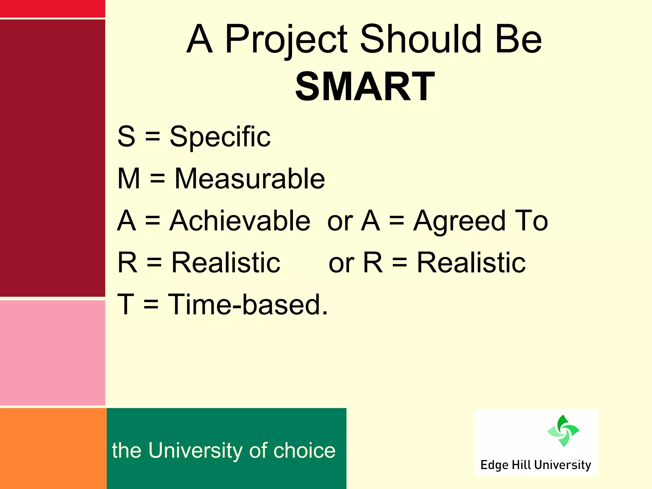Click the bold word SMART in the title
pyautogui.click(x=365, y=87)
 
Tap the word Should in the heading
pyautogui.click(x=420, y=39)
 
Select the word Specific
pyautogui.click(x=220, y=137)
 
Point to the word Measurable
pyautogui.click(x=250, y=179)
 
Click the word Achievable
pyautogui.click(x=240, y=221)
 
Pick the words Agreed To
pyautogui.click(x=480, y=221)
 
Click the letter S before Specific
pyautogui.click(x=126, y=137)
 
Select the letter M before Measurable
pyautogui.click(x=129, y=179)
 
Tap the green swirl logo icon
pyautogui.click(x=563, y=431)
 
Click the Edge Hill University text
pyautogui.click(x=535, y=465)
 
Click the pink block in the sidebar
pyautogui.click(x=52, y=353)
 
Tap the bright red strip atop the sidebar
pyautogui.click(x=52, y=9)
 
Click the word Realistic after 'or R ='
pyautogui.click(x=471, y=263)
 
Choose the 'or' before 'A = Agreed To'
pyautogui.click(x=340, y=221)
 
